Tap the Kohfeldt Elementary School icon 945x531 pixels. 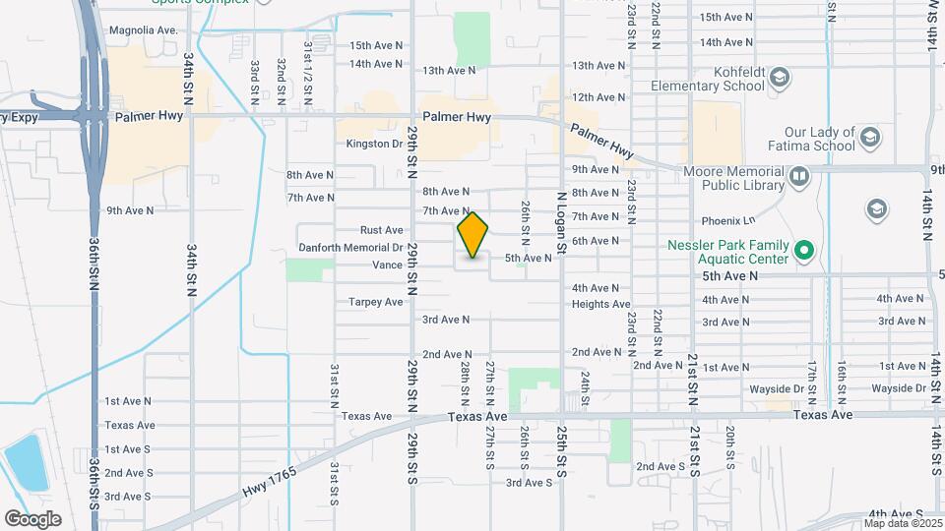779,77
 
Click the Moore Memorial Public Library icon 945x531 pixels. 798,177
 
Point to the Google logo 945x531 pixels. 32,519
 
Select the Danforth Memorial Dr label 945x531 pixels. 350,248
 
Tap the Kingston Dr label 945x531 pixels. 375,144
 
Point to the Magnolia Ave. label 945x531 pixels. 144,30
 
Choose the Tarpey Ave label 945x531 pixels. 376,302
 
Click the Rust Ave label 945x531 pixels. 382,230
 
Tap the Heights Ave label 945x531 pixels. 600,305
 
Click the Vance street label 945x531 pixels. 387,265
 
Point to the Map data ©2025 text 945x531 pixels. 902,522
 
